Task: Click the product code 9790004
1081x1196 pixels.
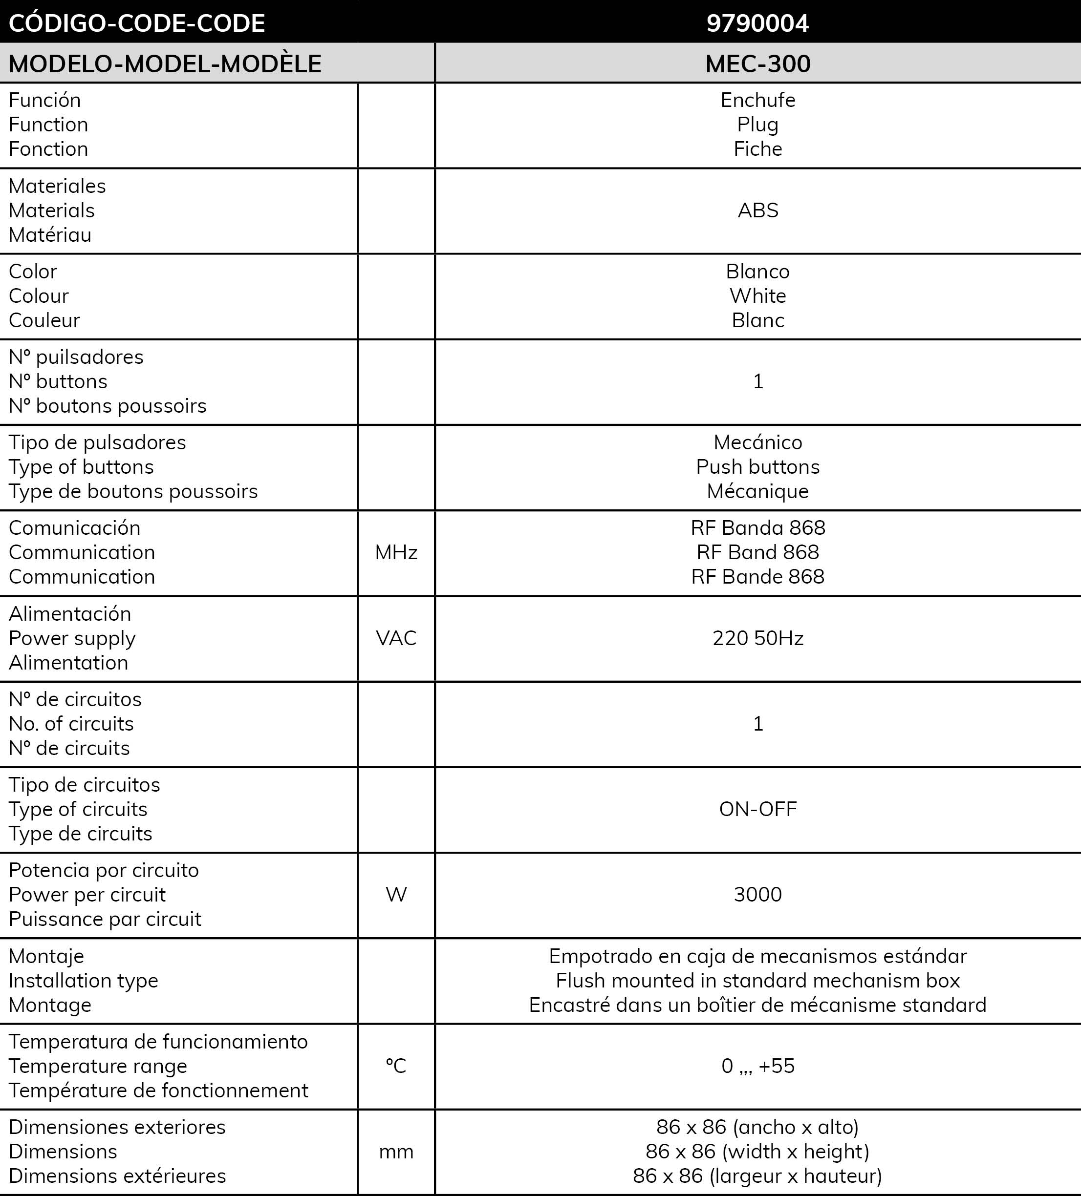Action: click(757, 23)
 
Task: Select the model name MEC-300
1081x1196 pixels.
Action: click(757, 63)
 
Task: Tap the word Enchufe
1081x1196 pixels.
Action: click(757, 100)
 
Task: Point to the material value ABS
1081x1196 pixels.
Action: click(757, 210)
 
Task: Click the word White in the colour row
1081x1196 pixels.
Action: click(757, 295)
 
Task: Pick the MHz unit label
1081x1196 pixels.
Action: click(396, 552)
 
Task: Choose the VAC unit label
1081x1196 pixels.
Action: click(396, 638)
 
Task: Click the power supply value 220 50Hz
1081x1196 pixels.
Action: click(757, 638)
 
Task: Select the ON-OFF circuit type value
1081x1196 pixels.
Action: click(757, 809)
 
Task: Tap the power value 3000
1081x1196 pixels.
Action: click(757, 894)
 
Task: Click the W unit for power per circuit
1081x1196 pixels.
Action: click(396, 894)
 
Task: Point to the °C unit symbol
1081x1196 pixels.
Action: click(396, 1066)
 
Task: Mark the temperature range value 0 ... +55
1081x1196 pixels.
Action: click(757, 1066)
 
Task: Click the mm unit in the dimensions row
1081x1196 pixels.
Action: click(396, 1152)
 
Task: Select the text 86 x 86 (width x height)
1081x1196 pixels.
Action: click(757, 1152)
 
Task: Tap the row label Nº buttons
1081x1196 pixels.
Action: click(58, 381)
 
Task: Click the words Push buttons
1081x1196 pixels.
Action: click(757, 467)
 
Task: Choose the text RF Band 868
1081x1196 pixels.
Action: click(757, 552)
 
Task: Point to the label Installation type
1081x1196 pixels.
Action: click(83, 981)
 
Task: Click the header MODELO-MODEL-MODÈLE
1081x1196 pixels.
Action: click(165, 63)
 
